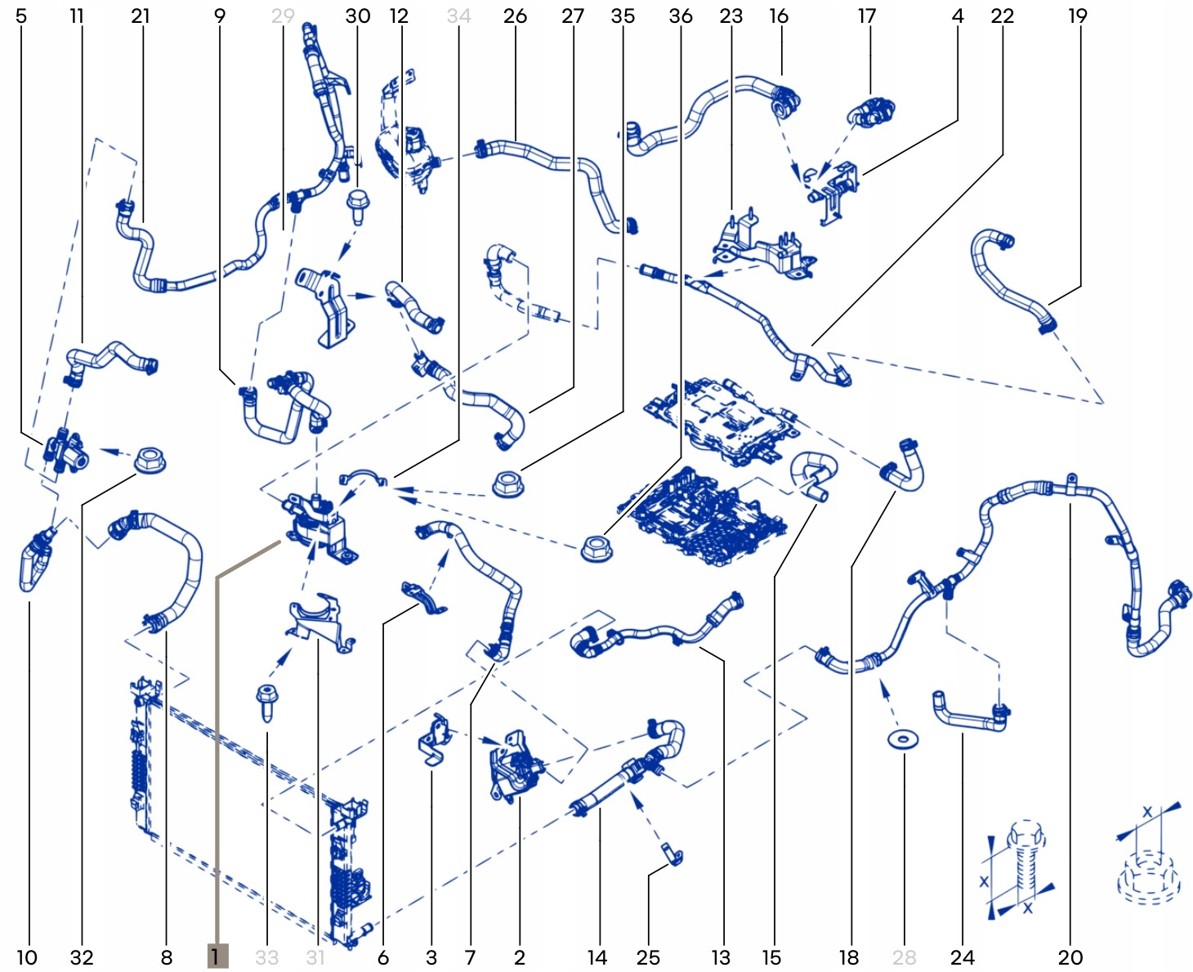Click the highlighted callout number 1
point(217,956)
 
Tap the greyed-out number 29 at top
point(283,16)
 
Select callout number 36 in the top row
point(681,16)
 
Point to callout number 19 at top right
point(1078,16)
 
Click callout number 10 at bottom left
point(27,957)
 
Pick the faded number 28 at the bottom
point(904,957)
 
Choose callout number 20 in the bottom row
point(1070,957)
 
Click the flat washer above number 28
point(903,740)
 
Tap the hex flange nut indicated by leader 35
point(508,484)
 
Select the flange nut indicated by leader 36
point(596,548)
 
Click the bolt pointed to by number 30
point(358,206)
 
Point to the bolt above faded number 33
point(267,702)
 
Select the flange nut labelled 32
point(150,460)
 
